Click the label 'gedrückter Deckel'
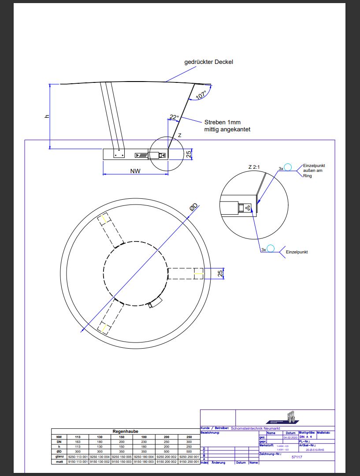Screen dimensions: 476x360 208,62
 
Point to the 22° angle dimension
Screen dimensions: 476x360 174,117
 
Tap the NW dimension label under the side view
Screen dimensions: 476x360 135,171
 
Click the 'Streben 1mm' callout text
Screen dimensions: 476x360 223,122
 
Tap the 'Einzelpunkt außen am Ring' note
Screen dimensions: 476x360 313,171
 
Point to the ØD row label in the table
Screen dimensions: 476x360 59,452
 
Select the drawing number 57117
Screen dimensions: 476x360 297,457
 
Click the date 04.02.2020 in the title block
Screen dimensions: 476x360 291,438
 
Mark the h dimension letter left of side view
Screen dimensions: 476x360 46,116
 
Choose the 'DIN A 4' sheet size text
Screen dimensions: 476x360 306,437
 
